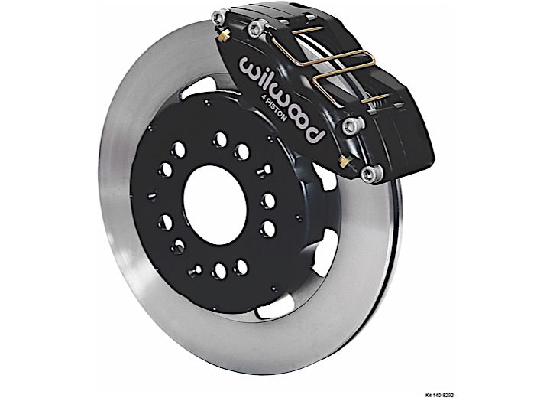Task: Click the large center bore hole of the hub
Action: [x=215, y=205]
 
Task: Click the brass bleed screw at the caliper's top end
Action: [x=223, y=35]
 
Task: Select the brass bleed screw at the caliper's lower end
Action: [x=345, y=161]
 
